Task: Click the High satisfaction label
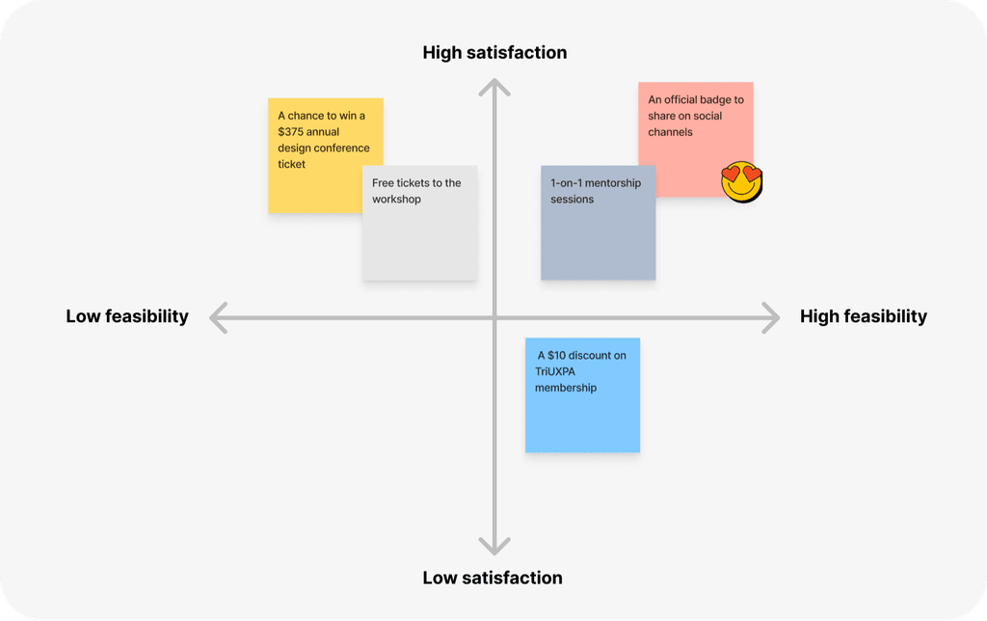coord(494,52)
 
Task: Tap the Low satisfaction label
coord(493,578)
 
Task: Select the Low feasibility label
coord(127,316)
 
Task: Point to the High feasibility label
coord(863,316)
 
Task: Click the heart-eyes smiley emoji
coord(741,181)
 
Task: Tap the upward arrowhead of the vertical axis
coord(494,87)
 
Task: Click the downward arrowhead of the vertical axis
coord(494,546)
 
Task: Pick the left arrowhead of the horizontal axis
coord(218,318)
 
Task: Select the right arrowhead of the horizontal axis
coord(771,318)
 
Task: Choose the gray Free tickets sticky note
coord(420,223)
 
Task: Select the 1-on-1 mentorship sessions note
coord(598,223)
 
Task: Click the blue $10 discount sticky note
coord(583,395)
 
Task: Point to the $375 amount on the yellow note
coord(291,132)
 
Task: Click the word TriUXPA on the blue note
coord(555,371)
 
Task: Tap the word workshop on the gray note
coord(396,199)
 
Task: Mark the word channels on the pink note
coord(671,132)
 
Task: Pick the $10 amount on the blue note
coord(556,355)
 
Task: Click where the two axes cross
coord(494,318)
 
